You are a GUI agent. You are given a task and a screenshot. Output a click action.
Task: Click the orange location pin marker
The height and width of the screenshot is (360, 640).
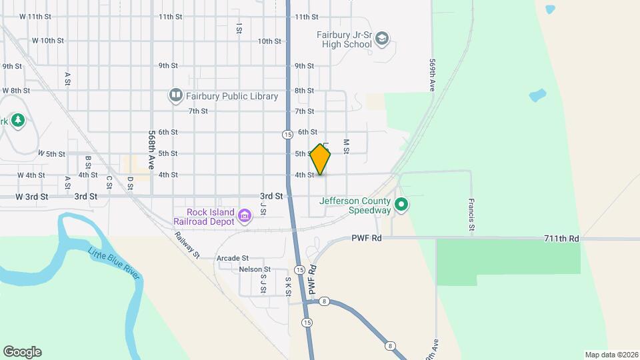tap(321, 159)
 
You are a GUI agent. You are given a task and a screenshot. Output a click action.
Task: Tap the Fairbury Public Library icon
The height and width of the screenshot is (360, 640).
tap(176, 96)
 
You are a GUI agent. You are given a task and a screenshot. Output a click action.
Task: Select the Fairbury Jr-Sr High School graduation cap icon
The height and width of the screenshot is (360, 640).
tap(382, 38)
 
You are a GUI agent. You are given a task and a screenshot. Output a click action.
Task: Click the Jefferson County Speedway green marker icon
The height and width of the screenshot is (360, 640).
tap(401, 205)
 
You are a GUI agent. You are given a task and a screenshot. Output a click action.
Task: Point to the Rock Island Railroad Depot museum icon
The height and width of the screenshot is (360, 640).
tap(245, 215)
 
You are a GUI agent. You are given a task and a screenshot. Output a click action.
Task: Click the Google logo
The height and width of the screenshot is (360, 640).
tap(22, 352)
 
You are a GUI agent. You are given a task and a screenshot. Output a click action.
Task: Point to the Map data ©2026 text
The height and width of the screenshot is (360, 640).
tap(611, 354)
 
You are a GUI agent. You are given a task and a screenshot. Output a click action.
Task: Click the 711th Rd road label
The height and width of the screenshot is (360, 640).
tap(561, 238)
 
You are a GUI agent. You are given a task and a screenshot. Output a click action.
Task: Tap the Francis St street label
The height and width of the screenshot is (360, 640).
tap(471, 215)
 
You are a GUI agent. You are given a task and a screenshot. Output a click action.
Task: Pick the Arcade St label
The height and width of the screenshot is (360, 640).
tap(233, 258)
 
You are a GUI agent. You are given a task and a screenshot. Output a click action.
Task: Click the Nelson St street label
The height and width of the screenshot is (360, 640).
tap(253, 269)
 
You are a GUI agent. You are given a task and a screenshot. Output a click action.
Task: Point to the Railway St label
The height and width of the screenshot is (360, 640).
tap(187, 245)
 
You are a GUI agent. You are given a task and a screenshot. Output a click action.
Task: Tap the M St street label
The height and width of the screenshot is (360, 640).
tap(346, 146)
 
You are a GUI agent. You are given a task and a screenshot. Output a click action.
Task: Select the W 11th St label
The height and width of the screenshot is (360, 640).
tap(35, 16)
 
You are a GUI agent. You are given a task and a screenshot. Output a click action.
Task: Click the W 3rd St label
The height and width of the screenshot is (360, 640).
tap(33, 197)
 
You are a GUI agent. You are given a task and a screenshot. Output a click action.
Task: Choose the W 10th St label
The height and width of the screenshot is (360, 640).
tap(47, 41)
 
